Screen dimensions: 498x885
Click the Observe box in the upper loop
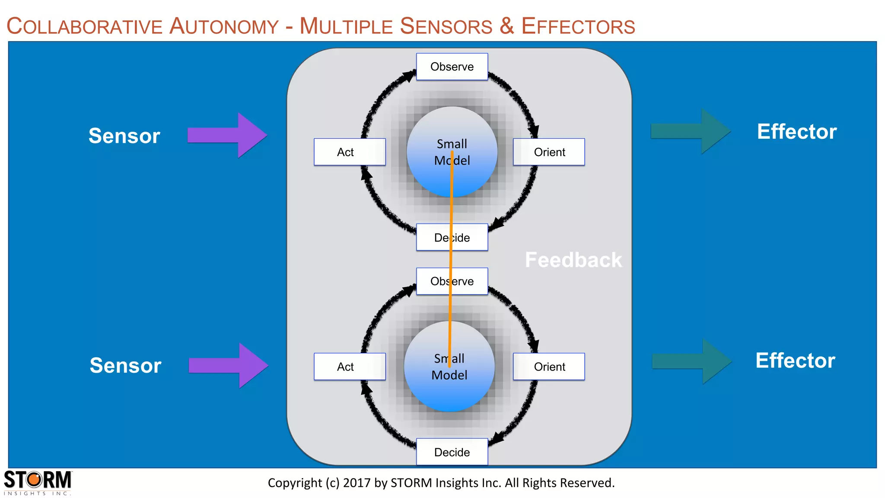pyautogui.click(x=452, y=67)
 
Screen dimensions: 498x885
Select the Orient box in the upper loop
pyautogui.click(x=549, y=152)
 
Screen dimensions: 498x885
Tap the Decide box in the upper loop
pyautogui.click(x=452, y=237)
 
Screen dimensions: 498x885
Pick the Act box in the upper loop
pyautogui.click(x=350, y=152)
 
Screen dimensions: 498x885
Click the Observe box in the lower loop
pyautogui.click(x=452, y=281)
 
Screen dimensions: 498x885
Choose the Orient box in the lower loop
pyautogui.click(x=549, y=367)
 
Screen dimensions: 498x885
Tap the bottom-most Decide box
pyautogui.click(x=452, y=452)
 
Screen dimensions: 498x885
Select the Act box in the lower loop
pyautogui.click(x=350, y=367)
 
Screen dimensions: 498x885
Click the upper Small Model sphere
pyautogui.click(x=452, y=152)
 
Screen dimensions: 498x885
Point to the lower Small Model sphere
pyautogui.click(x=449, y=367)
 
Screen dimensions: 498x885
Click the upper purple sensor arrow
pyautogui.click(x=227, y=135)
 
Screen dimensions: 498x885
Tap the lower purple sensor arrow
pyautogui.click(x=228, y=366)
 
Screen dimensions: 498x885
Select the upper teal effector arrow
pyautogui.click(x=690, y=131)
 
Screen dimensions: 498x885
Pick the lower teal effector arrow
pyautogui.click(x=691, y=361)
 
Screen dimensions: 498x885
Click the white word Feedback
pyautogui.click(x=573, y=260)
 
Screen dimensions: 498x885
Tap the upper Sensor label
pyautogui.click(x=124, y=136)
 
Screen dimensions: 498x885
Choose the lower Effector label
pyautogui.click(x=795, y=361)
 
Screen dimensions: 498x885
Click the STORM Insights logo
pyautogui.click(x=38, y=482)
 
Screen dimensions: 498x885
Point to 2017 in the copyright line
pyautogui.click(x=357, y=483)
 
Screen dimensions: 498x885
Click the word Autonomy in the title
pyautogui.click(x=224, y=26)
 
